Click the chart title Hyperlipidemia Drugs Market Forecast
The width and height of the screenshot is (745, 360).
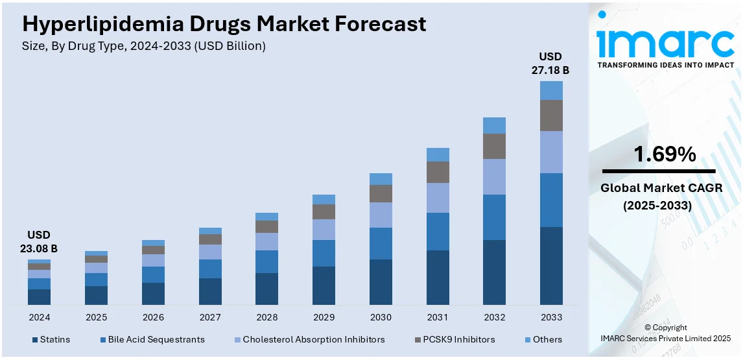click(x=224, y=24)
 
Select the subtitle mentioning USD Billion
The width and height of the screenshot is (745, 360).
click(x=144, y=46)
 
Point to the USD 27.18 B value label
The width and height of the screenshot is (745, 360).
click(x=551, y=63)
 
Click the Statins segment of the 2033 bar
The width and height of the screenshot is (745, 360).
click(x=551, y=265)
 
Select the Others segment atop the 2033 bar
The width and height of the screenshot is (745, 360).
click(x=551, y=90)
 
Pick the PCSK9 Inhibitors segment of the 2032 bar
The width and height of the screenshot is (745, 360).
click(x=494, y=146)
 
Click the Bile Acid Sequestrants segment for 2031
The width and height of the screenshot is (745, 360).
click(x=438, y=232)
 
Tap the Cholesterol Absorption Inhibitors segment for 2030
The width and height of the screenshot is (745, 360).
click(x=381, y=215)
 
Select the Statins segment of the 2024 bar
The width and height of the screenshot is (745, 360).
click(x=39, y=297)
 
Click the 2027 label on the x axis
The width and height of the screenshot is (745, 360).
click(x=210, y=317)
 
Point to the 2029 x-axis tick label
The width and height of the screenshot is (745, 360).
click(x=324, y=317)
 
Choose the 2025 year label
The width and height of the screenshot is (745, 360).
click(x=96, y=317)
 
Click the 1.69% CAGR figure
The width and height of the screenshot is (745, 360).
click(x=665, y=154)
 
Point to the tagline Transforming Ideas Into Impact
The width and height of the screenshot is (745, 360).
click(x=665, y=65)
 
